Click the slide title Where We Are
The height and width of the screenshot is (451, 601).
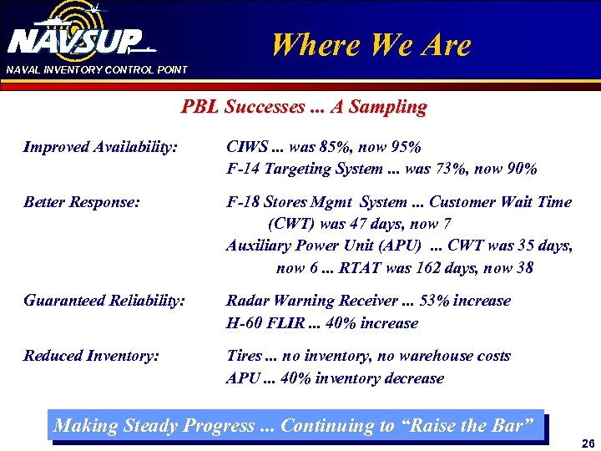click(371, 45)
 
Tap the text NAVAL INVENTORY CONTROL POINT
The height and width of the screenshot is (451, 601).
click(97, 69)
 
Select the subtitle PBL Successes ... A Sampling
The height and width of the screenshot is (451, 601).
click(304, 107)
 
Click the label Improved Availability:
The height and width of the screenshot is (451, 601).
click(100, 147)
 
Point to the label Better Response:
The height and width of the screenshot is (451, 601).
click(82, 202)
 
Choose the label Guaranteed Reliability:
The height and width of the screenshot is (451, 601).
click(104, 301)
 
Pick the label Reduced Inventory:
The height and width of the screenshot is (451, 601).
click(91, 356)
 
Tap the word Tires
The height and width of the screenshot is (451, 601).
click(245, 356)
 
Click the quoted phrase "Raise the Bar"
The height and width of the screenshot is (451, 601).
click(466, 425)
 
